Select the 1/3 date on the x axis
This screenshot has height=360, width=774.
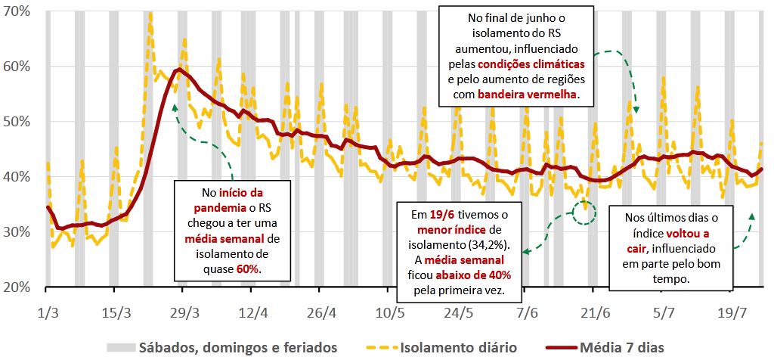click(48, 312)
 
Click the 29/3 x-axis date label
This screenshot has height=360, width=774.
click(184, 312)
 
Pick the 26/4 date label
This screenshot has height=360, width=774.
click(321, 312)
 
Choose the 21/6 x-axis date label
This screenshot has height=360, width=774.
click(595, 312)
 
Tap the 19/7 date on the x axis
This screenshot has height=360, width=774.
click(732, 312)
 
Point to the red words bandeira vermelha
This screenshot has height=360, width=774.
click(526, 95)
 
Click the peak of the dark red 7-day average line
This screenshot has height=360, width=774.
click(179, 70)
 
